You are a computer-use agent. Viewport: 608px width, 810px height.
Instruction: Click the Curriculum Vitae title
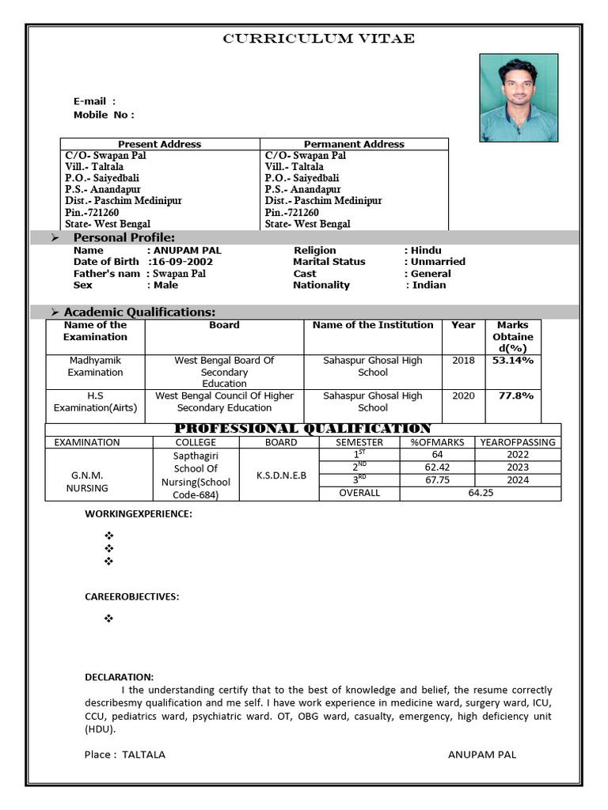tap(318, 39)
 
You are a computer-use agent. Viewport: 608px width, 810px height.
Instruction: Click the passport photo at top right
tap(519, 98)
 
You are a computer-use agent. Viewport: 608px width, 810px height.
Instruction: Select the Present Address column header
tap(159, 144)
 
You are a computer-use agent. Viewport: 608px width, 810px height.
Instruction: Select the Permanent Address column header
tap(354, 144)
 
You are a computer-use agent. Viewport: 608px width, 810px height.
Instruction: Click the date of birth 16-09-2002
tap(181, 262)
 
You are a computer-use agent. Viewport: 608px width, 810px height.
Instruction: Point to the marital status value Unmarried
tap(437, 262)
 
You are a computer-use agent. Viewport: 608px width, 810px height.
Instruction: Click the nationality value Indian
tap(428, 286)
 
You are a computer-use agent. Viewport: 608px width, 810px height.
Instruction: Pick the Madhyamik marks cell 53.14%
tap(513, 361)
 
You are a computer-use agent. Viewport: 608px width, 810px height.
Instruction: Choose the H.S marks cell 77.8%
tap(515, 396)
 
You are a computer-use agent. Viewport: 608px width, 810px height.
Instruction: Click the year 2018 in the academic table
tap(463, 361)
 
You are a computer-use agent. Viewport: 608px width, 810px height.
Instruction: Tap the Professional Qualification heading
tap(302, 429)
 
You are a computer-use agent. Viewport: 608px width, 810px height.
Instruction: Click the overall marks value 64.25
tap(481, 493)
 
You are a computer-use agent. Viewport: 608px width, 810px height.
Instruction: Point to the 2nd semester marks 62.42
tap(437, 467)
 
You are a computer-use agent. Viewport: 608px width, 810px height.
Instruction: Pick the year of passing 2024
tap(518, 480)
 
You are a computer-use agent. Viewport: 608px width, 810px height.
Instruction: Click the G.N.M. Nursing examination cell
tap(88, 482)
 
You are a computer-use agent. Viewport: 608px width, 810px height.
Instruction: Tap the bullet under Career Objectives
tap(109, 619)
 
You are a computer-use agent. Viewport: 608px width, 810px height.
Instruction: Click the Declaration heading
tap(119, 677)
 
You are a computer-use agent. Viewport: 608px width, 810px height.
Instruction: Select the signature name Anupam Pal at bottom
tap(481, 755)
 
